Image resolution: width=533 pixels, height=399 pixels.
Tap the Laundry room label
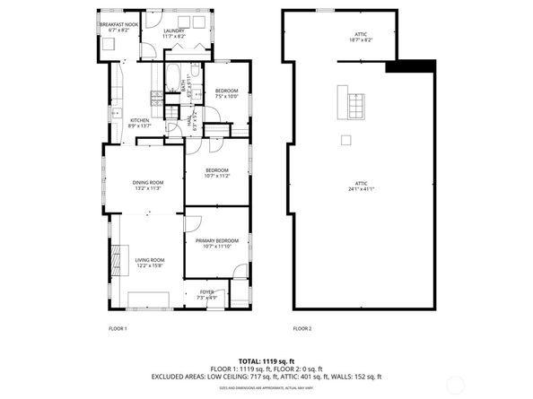pyautogui.click(x=174, y=34)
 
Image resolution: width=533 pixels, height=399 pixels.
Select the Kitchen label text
pyautogui.click(x=140, y=123)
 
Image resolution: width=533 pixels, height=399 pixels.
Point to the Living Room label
pyautogui.click(x=148, y=263)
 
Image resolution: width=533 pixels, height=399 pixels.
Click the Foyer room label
pyautogui.click(x=206, y=294)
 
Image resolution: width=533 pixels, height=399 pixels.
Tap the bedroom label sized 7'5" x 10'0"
pyautogui.click(x=227, y=93)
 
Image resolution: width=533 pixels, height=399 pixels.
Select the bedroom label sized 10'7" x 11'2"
pyautogui.click(x=216, y=173)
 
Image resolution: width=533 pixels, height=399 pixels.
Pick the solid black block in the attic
pyautogui.click(x=409, y=66)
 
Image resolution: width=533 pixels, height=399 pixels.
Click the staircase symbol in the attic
pyautogui.click(x=351, y=102)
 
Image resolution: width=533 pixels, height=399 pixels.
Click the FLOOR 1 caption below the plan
pyautogui.click(x=118, y=328)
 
